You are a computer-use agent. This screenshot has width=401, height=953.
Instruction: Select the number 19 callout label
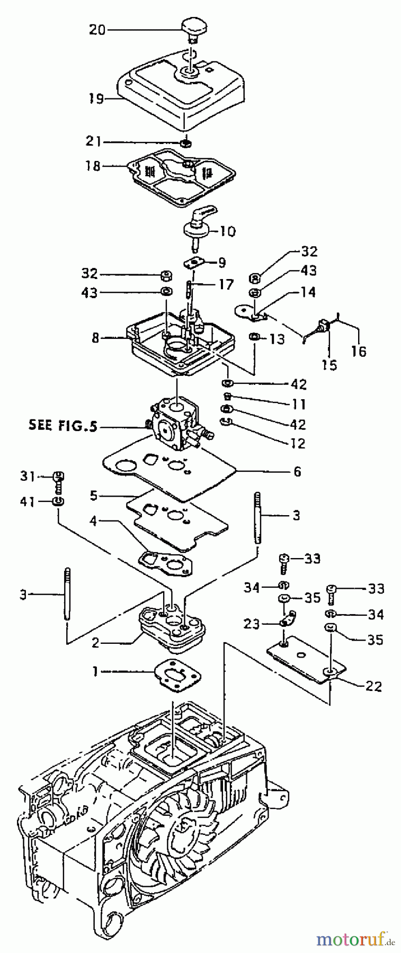96,98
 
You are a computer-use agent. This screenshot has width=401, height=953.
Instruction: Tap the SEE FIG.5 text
63,426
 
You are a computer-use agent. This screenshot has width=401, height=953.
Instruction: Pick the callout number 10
228,231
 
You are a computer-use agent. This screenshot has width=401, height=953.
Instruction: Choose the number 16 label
359,351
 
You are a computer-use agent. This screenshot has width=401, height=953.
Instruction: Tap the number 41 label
27,501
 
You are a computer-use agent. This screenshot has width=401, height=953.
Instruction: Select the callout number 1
95,671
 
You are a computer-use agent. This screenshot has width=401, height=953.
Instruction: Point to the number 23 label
252,625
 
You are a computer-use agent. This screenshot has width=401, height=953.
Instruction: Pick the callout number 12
299,443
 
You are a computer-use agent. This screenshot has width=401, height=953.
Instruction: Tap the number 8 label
95,337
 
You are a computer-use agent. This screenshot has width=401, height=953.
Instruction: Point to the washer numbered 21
185,143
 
